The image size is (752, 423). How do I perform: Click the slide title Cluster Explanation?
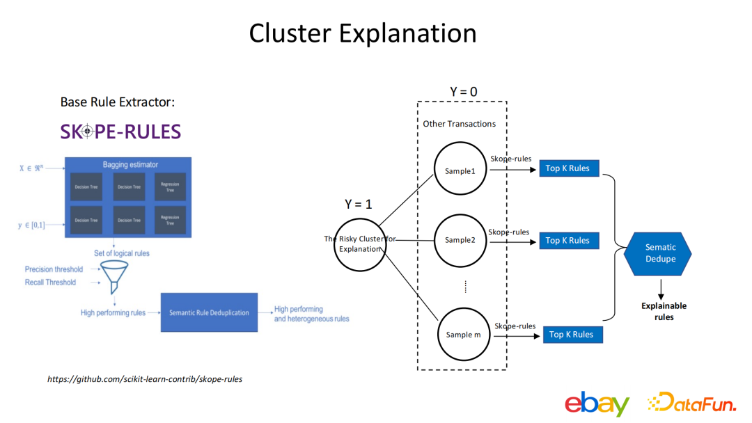click(363, 33)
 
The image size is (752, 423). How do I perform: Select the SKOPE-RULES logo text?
click(120, 131)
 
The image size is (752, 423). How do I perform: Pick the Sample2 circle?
click(460, 240)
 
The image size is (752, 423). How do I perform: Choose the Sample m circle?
click(463, 334)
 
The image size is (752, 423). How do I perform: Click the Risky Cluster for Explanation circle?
click(360, 244)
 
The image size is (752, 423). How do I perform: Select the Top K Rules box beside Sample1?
click(567, 168)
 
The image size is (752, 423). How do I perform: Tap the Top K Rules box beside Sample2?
click(567, 241)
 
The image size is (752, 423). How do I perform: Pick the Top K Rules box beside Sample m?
click(571, 335)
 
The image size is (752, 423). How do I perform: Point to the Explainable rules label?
click(664, 311)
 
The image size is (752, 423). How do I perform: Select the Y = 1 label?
click(359, 205)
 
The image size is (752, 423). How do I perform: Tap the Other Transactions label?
click(460, 124)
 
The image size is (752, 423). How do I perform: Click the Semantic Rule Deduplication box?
click(209, 313)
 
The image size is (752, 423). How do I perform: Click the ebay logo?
click(597, 404)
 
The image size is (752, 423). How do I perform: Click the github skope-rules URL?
click(145, 379)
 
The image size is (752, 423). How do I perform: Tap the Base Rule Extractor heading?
click(117, 102)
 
